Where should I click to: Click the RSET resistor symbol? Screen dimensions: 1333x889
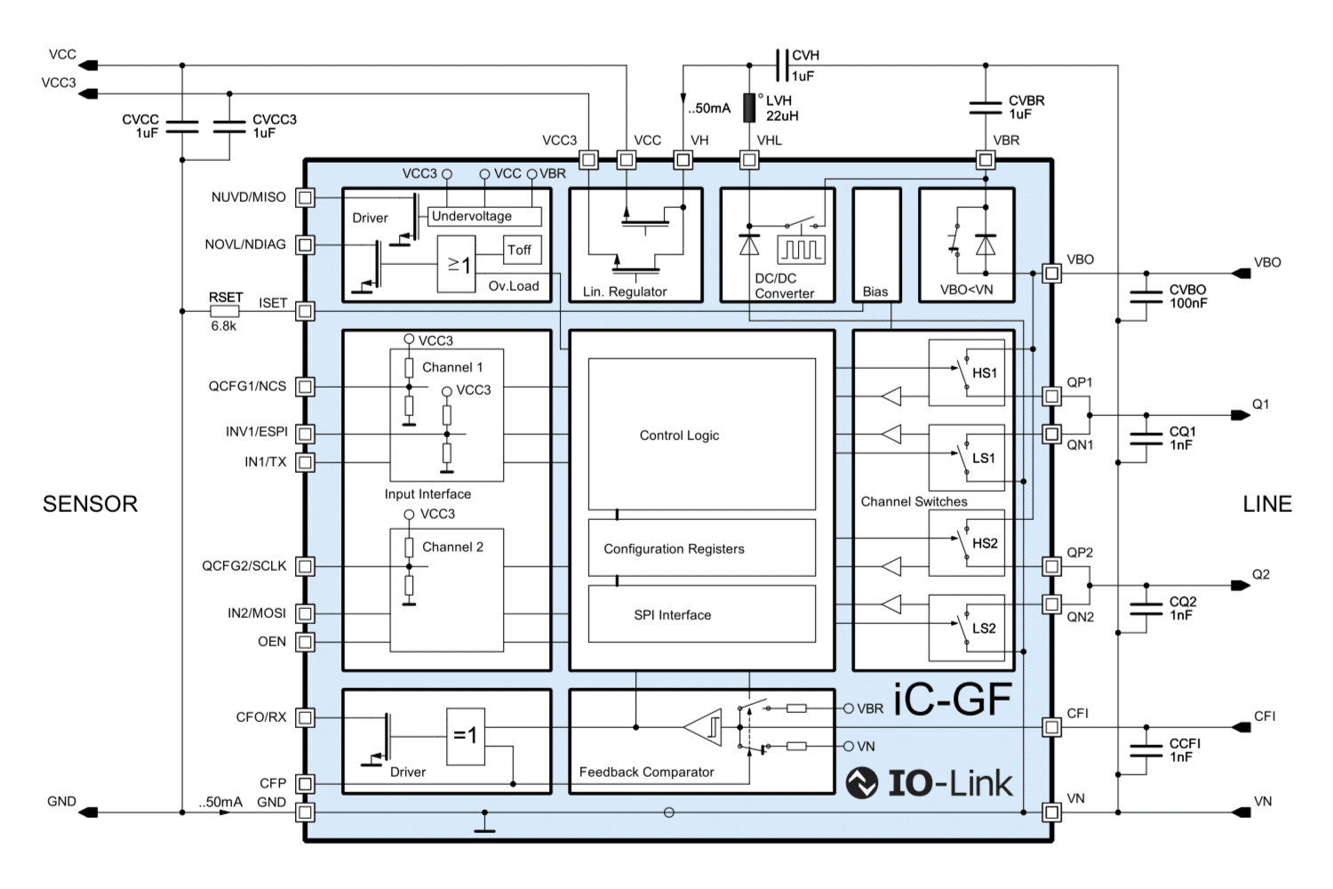click(x=224, y=311)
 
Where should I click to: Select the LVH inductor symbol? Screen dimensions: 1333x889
click(x=749, y=108)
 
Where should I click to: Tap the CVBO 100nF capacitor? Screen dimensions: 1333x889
click(x=1146, y=297)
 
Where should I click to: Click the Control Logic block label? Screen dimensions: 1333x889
click(x=679, y=436)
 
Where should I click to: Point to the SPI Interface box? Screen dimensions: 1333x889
click(x=702, y=614)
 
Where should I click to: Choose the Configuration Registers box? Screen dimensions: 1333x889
click(x=702, y=548)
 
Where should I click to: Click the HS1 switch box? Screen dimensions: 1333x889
click(x=967, y=372)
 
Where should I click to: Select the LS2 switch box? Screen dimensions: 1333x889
click(x=967, y=628)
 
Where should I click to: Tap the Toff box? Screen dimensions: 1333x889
click(x=523, y=250)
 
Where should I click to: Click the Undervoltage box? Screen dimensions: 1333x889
click(x=484, y=216)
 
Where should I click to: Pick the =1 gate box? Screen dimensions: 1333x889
click(x=466, y=736)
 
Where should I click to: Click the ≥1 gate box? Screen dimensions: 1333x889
click(x=457, y=264)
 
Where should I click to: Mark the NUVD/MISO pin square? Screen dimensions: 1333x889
click(x=306, y=197)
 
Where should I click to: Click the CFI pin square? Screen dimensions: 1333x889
click(x=1051, y=727)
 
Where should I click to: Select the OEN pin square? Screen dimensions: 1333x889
click(x=306, y=642)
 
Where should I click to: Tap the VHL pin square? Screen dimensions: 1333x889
click(x=749, y=160)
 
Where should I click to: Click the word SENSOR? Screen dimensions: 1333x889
click(x=90, y=504)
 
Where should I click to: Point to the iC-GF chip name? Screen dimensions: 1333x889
click(x=952, y=699)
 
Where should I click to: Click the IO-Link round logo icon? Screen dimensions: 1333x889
click(x=862, y=782)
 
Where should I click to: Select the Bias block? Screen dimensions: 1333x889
click(x=876, y=244)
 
